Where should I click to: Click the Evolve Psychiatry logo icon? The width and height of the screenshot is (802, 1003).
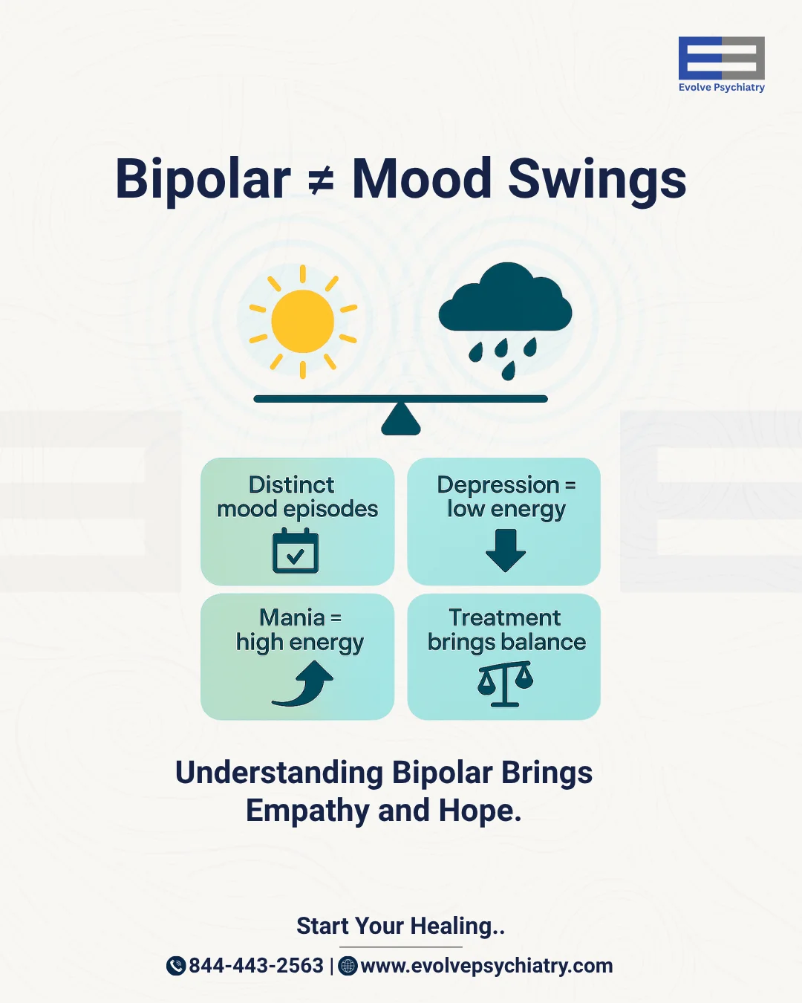point(721,58)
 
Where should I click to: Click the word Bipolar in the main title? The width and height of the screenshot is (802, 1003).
point(203,179)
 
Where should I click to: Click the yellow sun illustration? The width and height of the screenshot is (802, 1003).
point(303,321)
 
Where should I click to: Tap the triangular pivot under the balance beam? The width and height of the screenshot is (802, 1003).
point(401,420)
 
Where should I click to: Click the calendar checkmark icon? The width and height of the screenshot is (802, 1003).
point(296,551)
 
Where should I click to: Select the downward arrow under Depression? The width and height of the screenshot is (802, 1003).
point(506,551)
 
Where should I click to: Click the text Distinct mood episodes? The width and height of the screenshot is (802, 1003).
point(297,496)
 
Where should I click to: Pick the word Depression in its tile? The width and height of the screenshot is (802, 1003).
point(498,485)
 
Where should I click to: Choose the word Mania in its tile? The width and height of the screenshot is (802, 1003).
point(292,617)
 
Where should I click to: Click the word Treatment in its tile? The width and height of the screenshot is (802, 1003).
point(505,617)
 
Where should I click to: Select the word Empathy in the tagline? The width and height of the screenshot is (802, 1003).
point(307,811)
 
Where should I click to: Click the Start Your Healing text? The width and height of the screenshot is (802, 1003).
point(400,926)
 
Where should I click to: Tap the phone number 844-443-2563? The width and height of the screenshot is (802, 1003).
point(256,966)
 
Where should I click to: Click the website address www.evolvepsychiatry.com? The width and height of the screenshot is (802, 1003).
point(486,966)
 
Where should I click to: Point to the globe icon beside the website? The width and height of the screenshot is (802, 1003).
point(348,966)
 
